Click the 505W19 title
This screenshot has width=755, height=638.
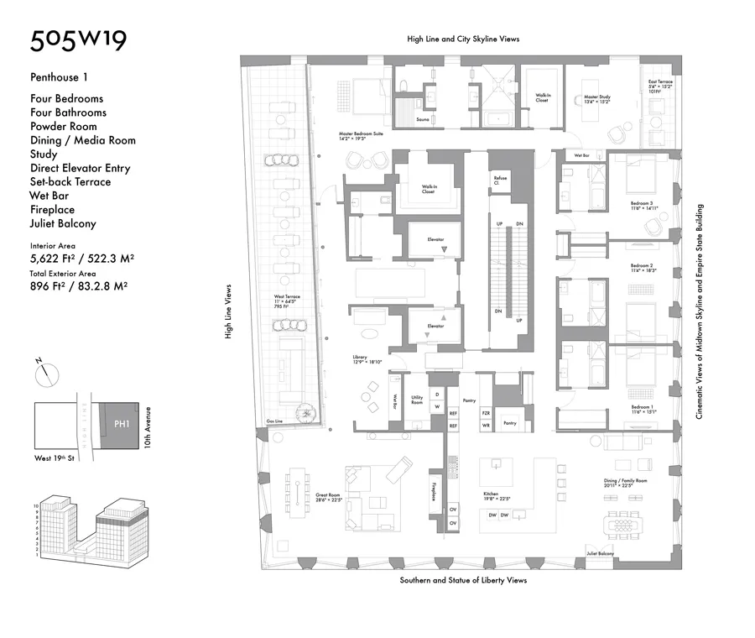pos(79,41)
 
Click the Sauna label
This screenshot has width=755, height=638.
pos(424,120)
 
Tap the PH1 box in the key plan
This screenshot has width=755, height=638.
pos(121,425)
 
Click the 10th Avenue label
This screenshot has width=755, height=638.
pos(147,426)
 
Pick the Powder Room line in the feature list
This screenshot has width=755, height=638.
pos(63,126)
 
